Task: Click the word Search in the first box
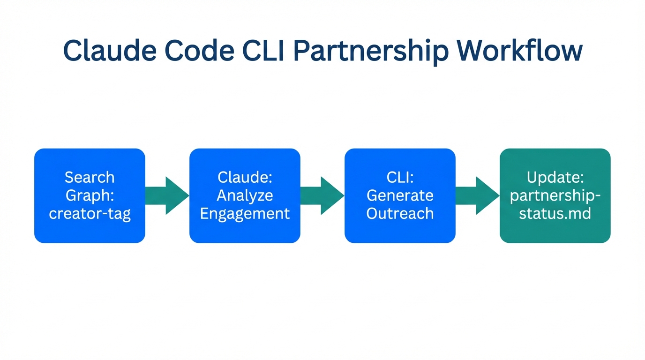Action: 90,177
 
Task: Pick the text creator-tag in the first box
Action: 90,214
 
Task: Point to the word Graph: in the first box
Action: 90,195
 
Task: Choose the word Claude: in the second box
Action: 245,177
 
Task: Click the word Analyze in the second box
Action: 245,195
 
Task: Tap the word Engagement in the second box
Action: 245,214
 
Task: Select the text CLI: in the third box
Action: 400,177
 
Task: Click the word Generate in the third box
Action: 400,195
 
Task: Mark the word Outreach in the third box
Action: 400,214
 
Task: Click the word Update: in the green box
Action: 555,177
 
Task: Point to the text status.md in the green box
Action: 555,214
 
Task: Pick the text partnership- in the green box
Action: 555,195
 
